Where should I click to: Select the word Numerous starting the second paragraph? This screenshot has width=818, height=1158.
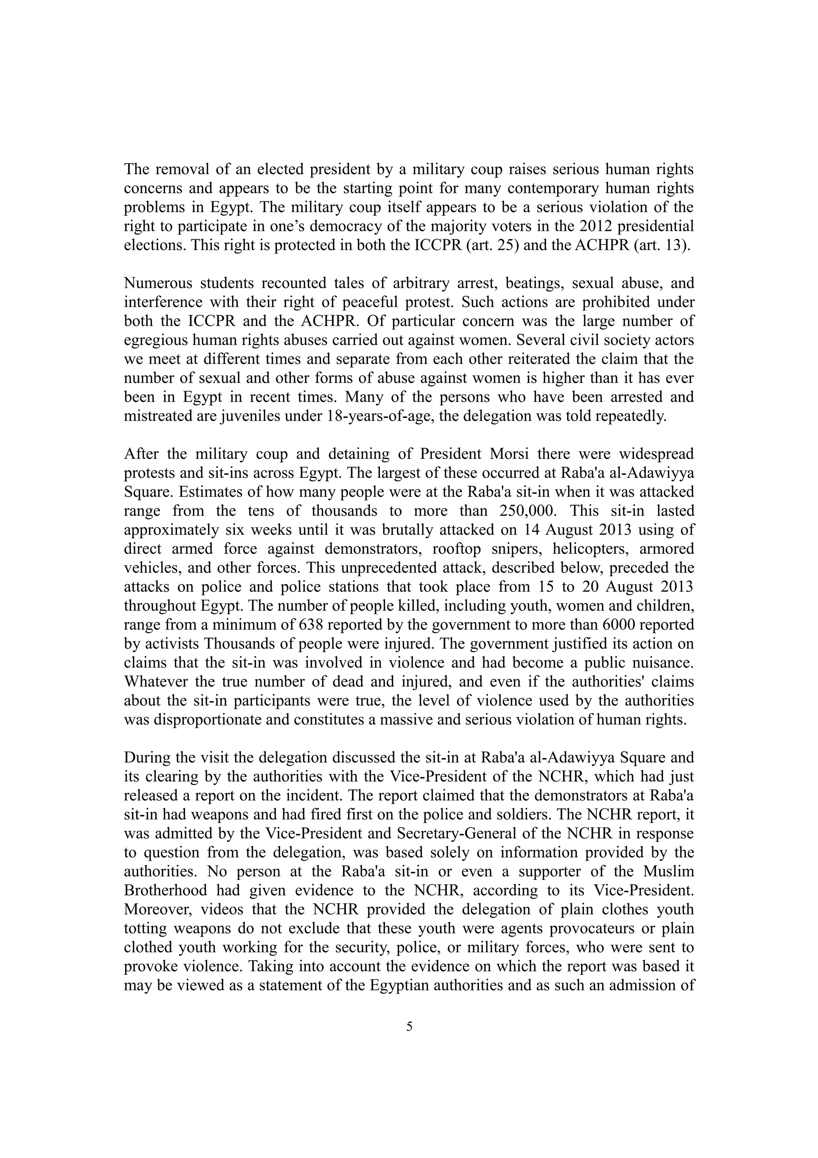158,283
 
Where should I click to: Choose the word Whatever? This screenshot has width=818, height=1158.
154,682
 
